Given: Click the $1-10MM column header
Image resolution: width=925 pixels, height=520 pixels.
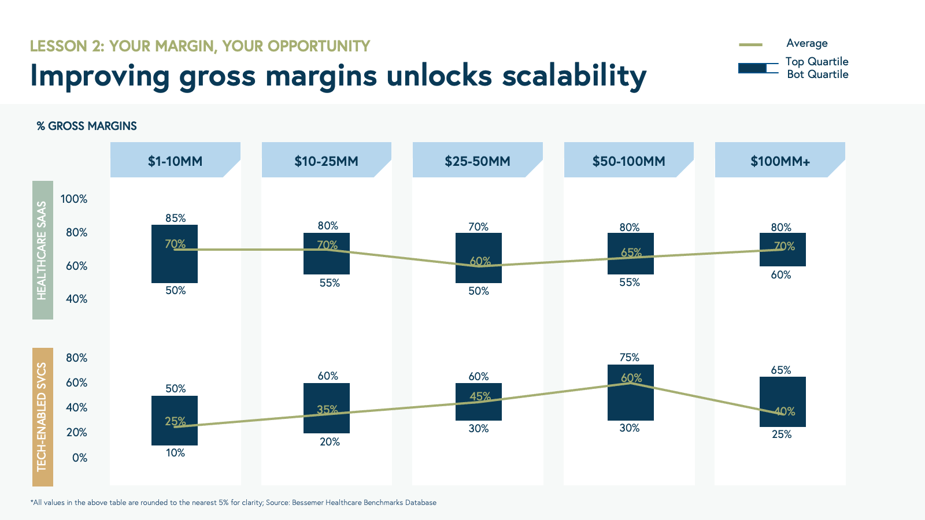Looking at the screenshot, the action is (175, 160).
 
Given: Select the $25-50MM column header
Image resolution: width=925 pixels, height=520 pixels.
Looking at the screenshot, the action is (478, 160).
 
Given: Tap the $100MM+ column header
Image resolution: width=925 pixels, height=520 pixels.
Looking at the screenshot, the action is (780, 160).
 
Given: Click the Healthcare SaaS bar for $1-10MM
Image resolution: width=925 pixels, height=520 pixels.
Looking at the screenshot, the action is (175, 254).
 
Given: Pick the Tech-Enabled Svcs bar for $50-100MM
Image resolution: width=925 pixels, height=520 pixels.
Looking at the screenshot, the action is (631, 392).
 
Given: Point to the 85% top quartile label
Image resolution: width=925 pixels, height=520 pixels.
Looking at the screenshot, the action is (176, 218).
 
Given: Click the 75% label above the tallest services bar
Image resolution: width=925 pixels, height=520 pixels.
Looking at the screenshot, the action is (630, 357).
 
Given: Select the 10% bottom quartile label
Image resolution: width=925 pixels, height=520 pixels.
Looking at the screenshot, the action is (176, 453).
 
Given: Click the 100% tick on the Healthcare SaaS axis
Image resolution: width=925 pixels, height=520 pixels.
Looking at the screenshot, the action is (74, 199).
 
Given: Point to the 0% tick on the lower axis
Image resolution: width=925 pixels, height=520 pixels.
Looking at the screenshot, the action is (80, 458).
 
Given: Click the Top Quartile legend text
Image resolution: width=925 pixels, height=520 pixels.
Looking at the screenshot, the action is (817, 61).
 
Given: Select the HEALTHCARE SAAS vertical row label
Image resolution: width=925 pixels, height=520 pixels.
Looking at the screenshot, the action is (43, 250).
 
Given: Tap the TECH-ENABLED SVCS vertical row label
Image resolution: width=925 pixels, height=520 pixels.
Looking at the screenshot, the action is (43, 417).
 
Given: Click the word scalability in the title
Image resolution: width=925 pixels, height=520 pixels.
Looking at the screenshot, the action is (574, 76).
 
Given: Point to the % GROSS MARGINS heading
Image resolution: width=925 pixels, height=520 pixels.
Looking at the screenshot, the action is (87, 126).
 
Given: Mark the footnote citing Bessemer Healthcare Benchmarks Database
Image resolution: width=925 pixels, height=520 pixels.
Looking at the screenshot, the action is (234, 502).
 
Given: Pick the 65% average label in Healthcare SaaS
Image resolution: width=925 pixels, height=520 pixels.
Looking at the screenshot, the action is (631, 252).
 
